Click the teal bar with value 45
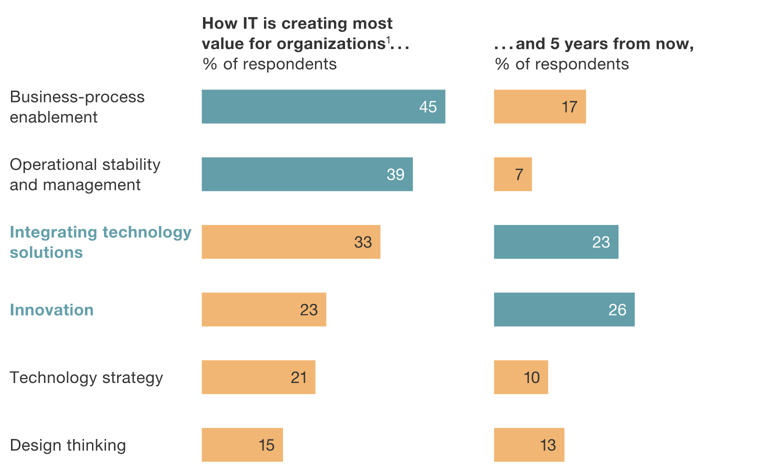pos(323,107)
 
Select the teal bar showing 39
pos(307,175)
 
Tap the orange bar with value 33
pos(290,242)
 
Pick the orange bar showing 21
pos(258,377)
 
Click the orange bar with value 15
pos(242,445)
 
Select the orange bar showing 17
pos(539,107)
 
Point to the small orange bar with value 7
pos(512,175)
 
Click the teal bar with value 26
pos(563,310)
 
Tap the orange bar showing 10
pos(520,377)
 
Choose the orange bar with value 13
pos(529,445)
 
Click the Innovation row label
pos(52,310)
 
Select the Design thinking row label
pos(68,445)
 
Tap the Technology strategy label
pos(86,377)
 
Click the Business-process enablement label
pos(77,107)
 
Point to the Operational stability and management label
pos(85,175)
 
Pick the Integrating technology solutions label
pos(100,242)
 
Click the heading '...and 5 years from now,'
pos(593,45)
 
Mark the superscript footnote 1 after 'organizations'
pos(388,40)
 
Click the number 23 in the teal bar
pos(600,242)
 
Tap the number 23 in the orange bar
pos(308,310)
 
